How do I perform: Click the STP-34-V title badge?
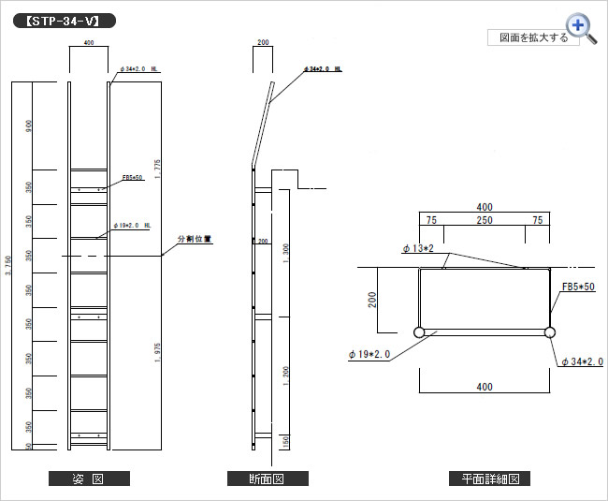65,20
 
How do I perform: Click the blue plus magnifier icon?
579,27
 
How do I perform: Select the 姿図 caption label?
89,479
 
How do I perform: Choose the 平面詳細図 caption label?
490,479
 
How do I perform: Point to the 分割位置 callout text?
195,239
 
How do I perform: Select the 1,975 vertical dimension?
159,352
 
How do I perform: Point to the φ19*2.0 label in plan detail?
369,354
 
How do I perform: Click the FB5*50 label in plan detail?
577,287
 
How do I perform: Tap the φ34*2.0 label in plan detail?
582,361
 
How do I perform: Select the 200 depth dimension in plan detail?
372,300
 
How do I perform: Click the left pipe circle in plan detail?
418,332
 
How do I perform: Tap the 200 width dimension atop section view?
263,43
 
